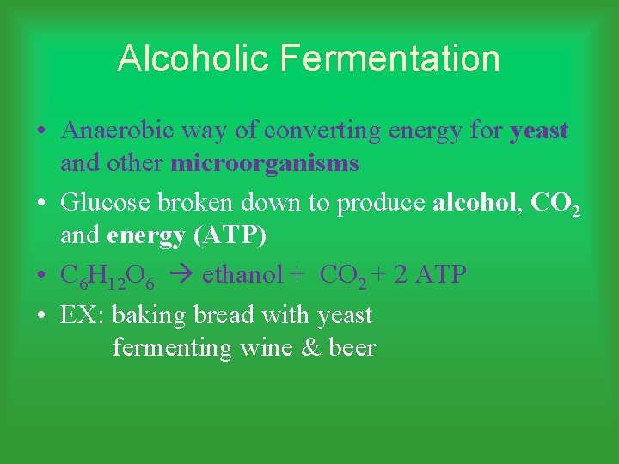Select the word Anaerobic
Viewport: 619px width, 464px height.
(115, 131)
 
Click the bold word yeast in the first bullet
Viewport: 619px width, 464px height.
(539, 131)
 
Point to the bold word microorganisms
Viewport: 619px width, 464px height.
(265, 163)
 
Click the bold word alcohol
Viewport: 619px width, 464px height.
(476, 203)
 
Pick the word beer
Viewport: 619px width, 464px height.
(352, 348)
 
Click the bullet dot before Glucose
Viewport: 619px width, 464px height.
(41, 204)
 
